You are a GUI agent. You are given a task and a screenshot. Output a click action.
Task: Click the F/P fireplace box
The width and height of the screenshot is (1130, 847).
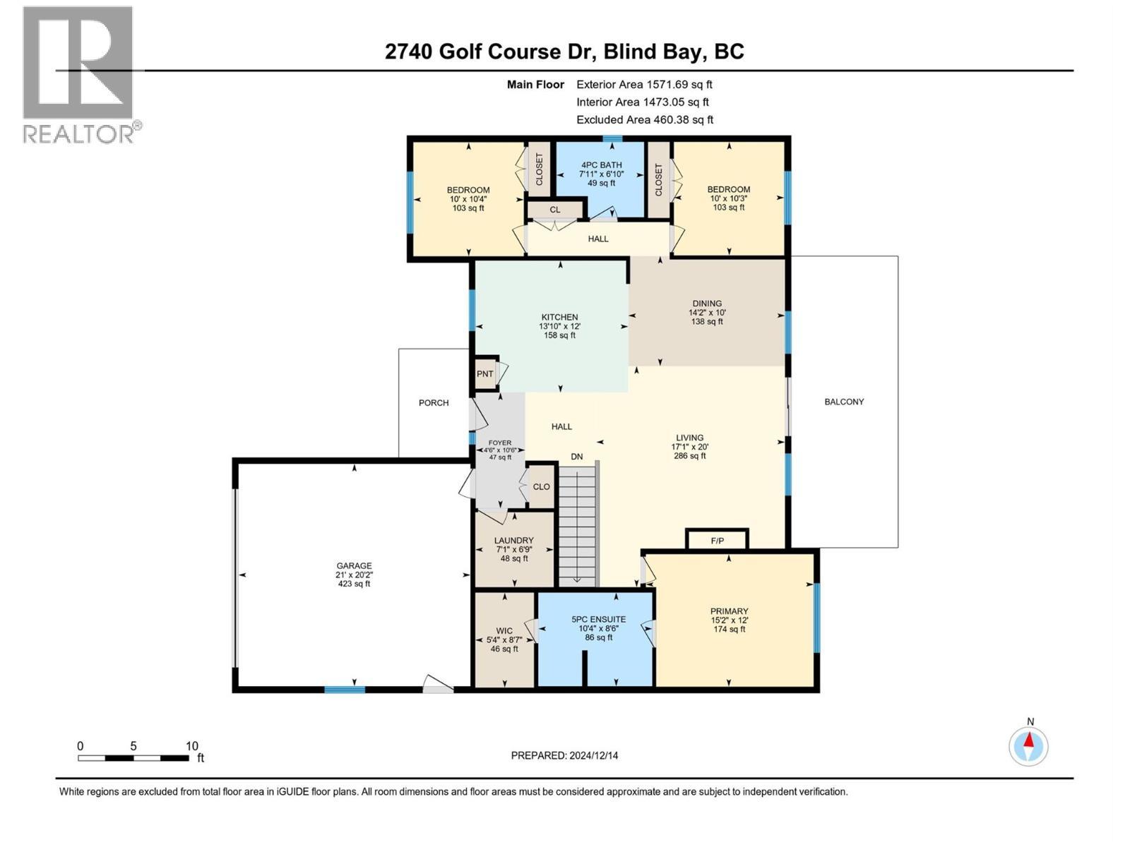pos(717,541)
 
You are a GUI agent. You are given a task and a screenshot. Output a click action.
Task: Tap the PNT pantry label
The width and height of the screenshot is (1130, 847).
pos(484,374)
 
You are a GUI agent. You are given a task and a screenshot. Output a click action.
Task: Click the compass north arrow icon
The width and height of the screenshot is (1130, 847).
pos(1029,746)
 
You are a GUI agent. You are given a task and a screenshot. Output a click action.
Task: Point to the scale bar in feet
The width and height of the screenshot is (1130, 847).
pos(134,757)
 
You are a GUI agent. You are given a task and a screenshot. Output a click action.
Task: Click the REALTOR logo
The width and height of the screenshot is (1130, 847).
pos(79,74)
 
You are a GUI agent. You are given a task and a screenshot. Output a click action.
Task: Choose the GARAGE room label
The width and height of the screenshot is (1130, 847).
pos(354,565)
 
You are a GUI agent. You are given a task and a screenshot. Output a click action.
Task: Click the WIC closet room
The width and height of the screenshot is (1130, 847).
pos(504,639)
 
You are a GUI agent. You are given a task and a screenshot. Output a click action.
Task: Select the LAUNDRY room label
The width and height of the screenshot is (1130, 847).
pos(513,541)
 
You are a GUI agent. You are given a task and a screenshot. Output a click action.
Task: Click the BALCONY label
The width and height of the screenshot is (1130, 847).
pos(844,402)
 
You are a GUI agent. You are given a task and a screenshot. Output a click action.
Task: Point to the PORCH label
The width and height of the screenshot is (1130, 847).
pos(434,403)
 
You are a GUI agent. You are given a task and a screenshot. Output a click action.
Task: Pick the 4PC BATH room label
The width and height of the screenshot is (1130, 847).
pos(601,165)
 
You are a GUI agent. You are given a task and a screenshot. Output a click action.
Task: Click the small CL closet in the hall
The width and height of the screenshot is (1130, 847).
pos(555,210)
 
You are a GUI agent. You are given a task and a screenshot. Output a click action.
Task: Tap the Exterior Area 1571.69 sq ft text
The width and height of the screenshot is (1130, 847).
pos(644,84)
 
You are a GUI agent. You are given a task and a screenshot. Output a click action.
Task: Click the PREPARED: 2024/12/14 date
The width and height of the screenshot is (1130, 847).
pos(564,755)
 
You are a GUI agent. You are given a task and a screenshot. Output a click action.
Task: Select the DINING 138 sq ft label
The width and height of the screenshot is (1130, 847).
pos(707,312)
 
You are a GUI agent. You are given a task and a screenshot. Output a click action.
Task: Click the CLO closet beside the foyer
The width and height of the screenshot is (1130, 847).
pos(541,487)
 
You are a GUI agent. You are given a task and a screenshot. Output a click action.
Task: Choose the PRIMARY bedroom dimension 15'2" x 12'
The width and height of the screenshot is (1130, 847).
pos(730,620)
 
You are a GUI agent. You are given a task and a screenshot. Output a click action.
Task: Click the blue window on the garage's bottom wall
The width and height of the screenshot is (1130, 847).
pos(345,689)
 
